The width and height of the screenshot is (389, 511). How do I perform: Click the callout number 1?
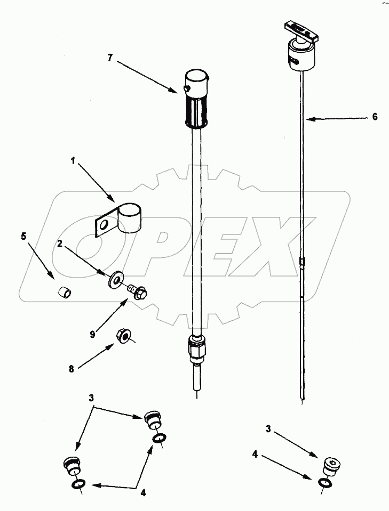73,159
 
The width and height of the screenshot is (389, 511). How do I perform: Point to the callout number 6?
375,117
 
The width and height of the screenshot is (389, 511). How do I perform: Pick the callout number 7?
109,58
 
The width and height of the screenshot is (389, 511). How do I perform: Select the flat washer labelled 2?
114,280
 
